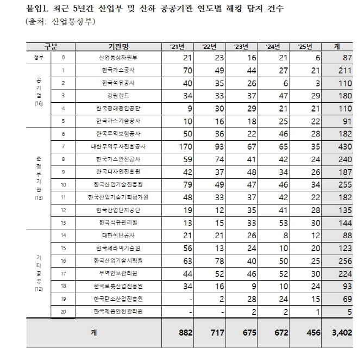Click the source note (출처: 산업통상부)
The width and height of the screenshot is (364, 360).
(x=60, y=22)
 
